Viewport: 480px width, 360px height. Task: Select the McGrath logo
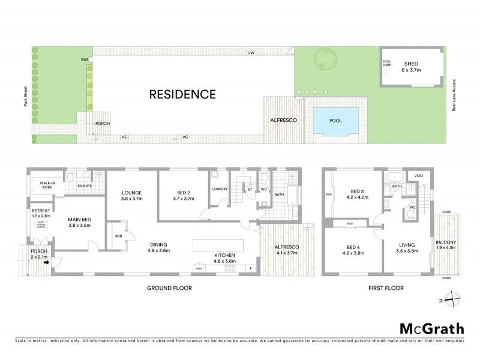point(431,328)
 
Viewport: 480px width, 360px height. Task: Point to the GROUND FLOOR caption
point(170,288)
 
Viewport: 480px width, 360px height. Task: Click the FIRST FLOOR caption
point(385,288)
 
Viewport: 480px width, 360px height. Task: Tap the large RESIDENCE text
point(182,94)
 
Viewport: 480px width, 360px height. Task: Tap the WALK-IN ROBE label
point(47,184)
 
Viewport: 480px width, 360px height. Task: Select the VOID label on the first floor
point(418,176)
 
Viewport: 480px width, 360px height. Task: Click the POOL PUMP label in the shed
point(386,63)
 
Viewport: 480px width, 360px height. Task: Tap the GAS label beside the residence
point(85,60)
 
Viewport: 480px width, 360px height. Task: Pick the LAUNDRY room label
point(218,190)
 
